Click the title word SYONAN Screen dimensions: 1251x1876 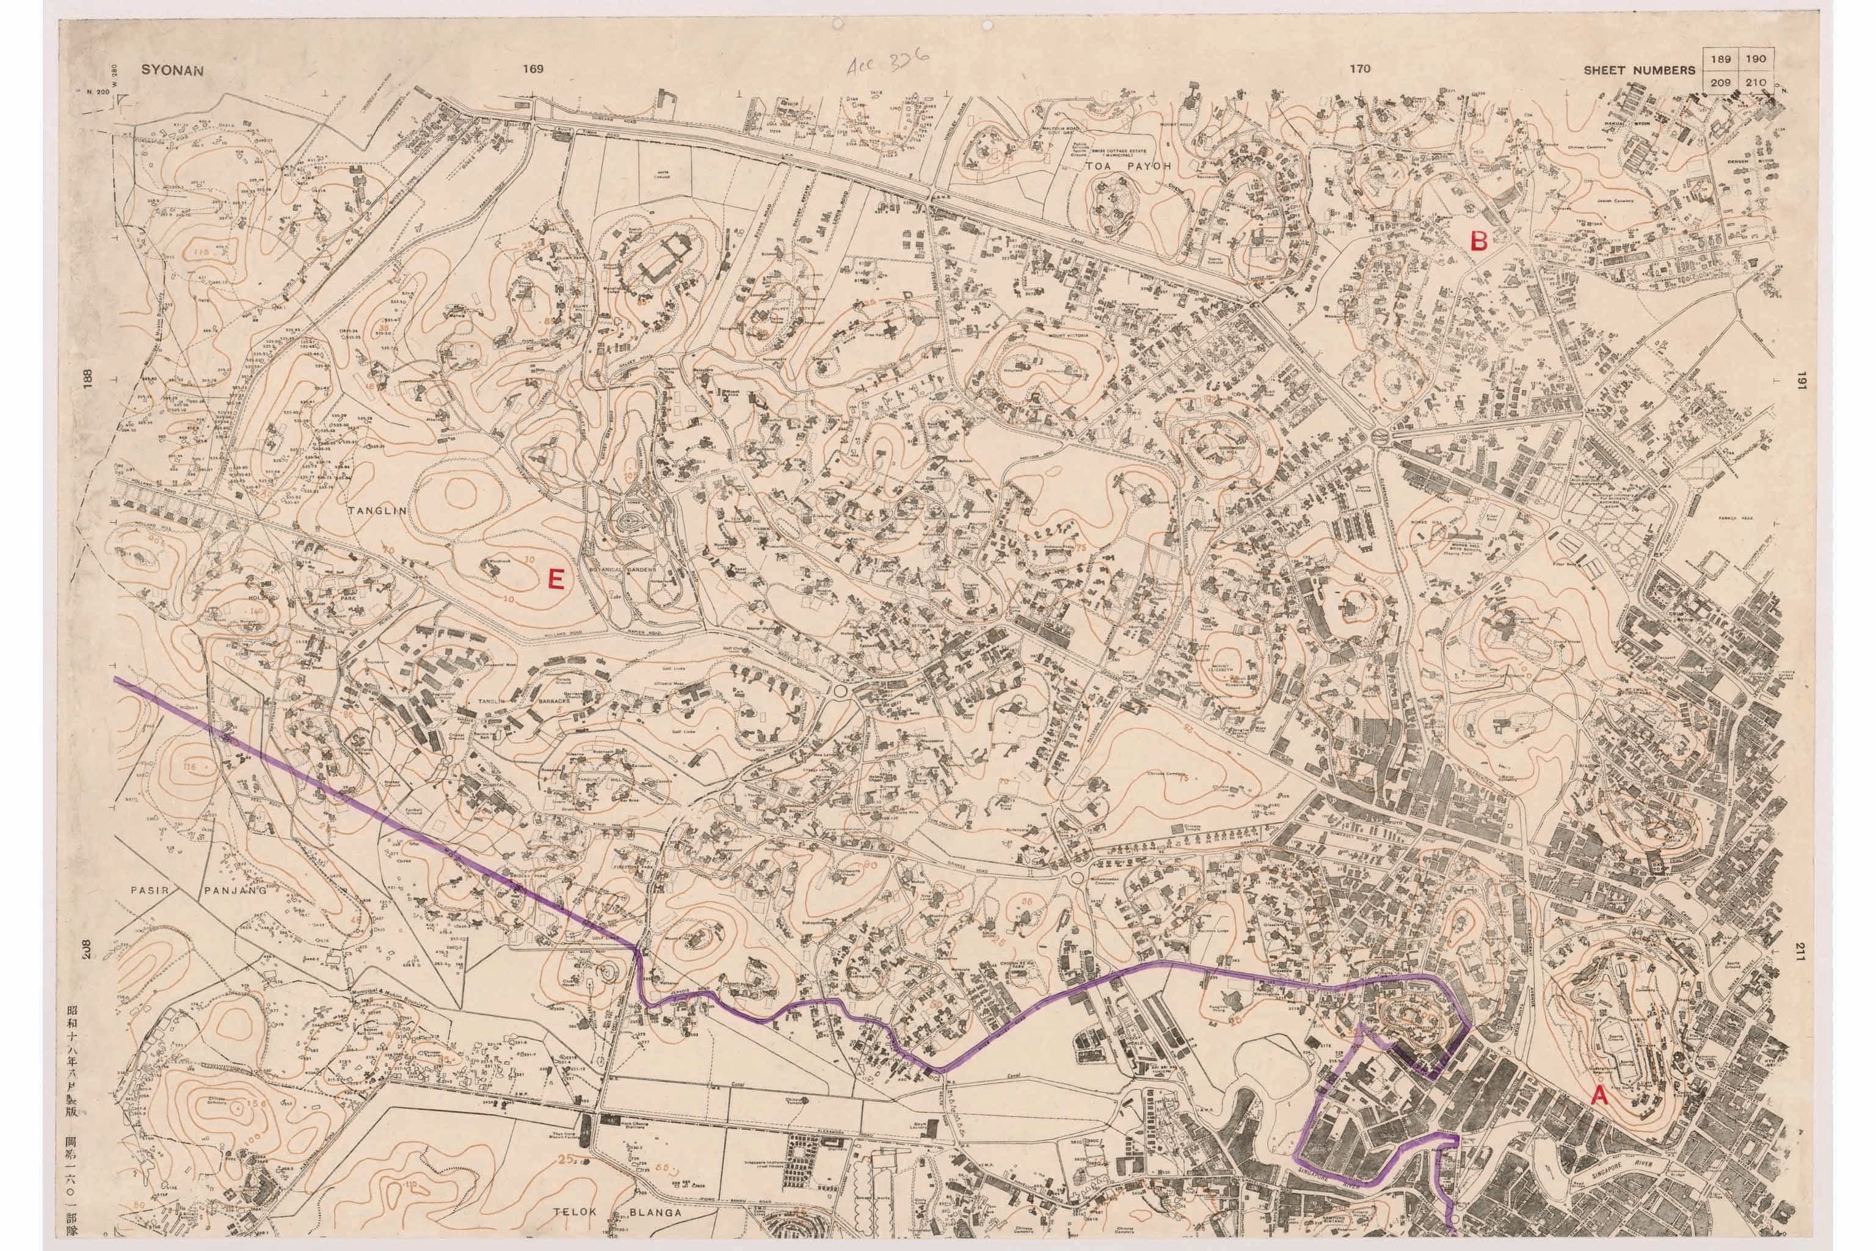coord(172,70)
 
